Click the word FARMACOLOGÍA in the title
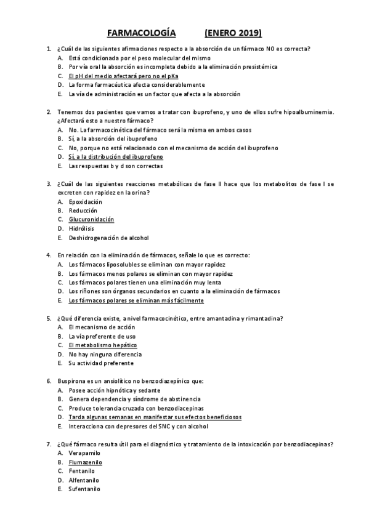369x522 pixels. (141, 33)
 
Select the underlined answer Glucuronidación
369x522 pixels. (91, 219)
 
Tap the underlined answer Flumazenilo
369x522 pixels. (85, 461)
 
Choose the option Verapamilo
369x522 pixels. (84, 452)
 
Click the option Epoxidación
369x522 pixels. (85, 201)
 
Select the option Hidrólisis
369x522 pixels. (81, 228)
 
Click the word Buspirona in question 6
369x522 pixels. (71, 381)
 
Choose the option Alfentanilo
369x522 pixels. (84, 480)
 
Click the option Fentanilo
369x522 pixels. (81, 470)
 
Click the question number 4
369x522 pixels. (49, 255)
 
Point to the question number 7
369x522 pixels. (49, 444)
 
